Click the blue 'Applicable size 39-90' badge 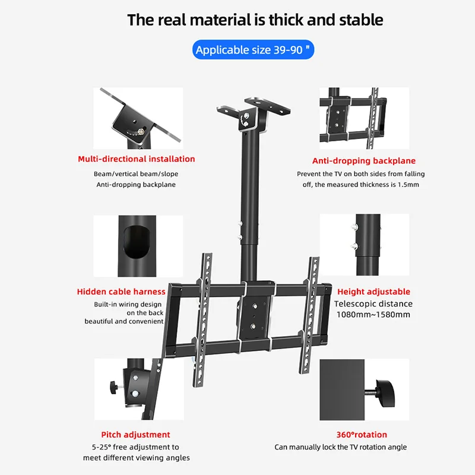tap(254, 50)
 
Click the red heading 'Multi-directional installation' tap(137, 159)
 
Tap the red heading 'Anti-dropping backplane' tap(364, 161)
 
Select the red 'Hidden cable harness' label tap(121, 292)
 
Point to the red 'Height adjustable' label tap(373, 292)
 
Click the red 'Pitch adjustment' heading tap(135, 435)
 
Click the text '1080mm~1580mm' tap(373, 314)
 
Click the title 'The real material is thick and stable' tap(255, 20)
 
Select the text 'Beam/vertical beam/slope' tap(136, 174)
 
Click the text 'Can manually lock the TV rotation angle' tap(341, 447)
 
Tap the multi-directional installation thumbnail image tap(138, 119)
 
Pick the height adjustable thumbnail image tap(364, 243)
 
